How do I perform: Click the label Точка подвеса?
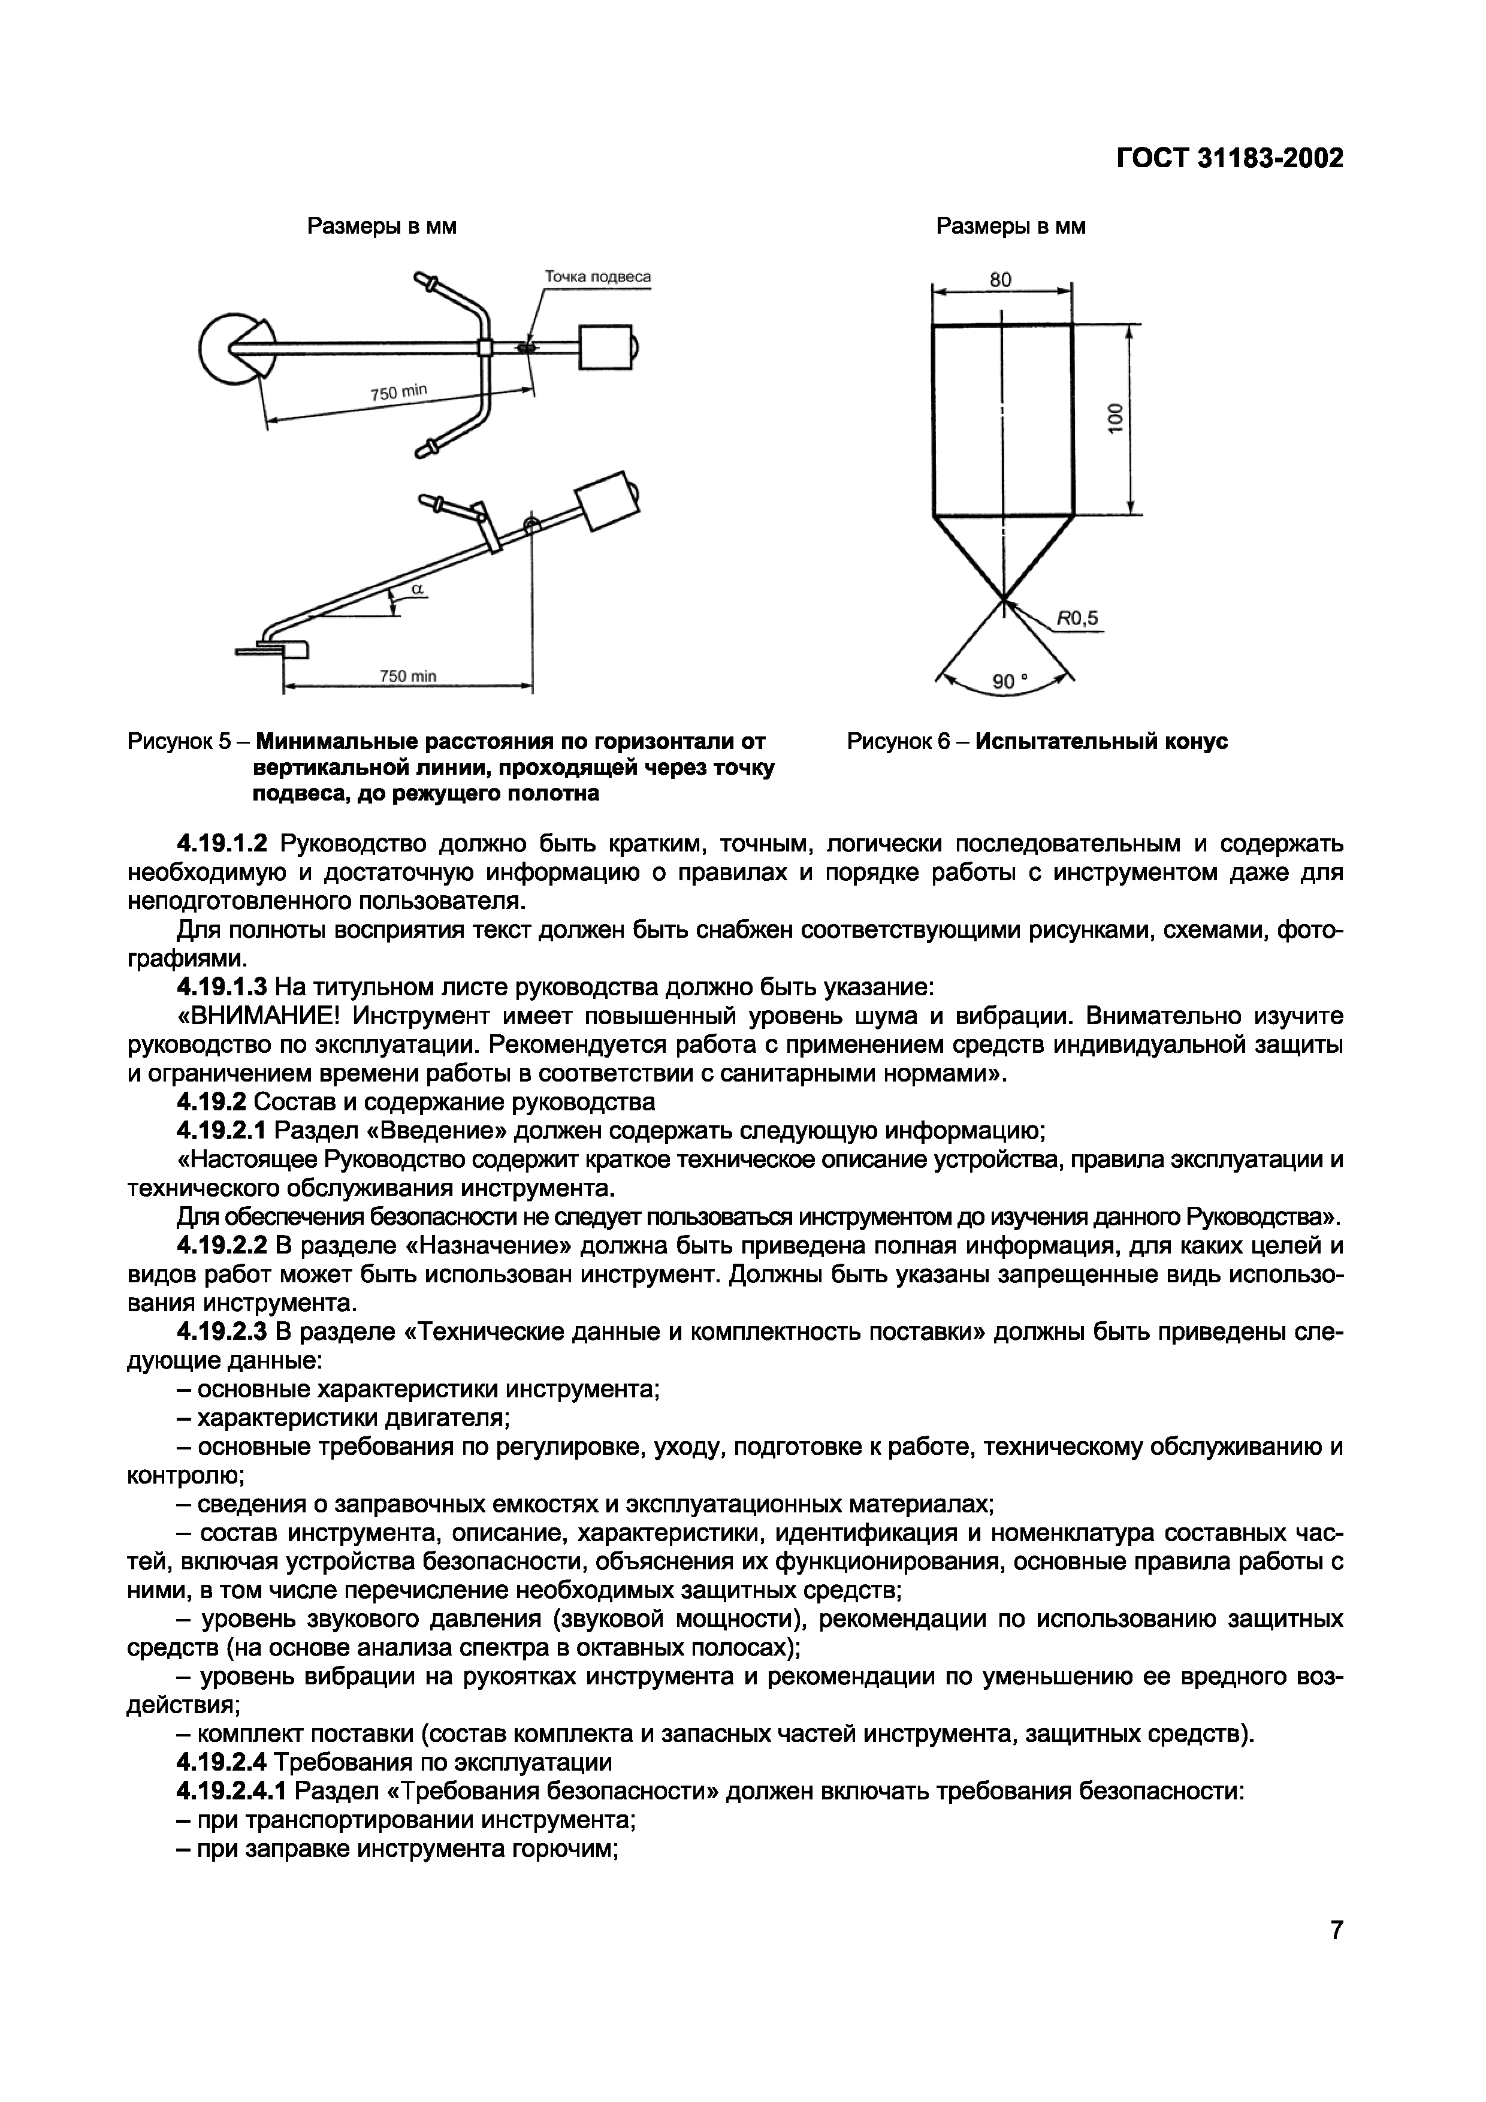pos(598,276)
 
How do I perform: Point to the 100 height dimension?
pos(1115,419)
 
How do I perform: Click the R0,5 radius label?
pos(1077,619)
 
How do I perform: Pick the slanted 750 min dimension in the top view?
pos(398,392)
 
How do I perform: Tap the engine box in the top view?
pos(605,348)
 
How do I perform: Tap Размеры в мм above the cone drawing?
pos(1010,226)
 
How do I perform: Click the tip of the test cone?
pos(1004,599)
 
